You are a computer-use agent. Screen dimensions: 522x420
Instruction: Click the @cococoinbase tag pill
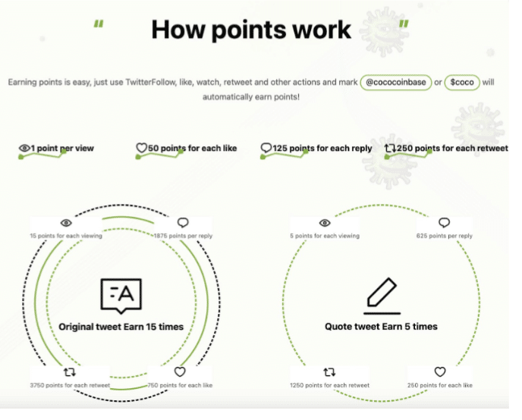coord(396,82)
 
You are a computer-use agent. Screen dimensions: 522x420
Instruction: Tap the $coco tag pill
coord(462,82)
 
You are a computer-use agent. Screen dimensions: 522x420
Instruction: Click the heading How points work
coord(251,30)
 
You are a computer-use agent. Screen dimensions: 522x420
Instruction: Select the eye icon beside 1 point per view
coord(24,148)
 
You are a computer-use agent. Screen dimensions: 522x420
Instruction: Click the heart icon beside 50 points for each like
coord(141,148)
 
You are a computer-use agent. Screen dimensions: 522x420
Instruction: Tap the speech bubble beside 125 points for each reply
coord(266,148)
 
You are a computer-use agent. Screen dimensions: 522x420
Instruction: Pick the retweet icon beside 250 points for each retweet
coord(390,148)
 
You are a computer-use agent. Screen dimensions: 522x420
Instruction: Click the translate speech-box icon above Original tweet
coord(121,296)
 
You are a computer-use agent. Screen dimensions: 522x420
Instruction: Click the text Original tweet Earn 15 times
coord(121,327)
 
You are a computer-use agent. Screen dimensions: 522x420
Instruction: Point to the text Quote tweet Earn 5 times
coord(381,327)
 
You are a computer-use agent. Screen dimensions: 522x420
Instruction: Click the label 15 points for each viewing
coord(66,236)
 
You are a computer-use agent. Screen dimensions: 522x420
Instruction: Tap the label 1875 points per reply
coord(183,236)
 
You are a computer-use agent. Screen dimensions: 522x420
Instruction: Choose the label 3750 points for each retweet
coord(70,385)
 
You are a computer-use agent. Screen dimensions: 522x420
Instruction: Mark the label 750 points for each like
coord(180,385)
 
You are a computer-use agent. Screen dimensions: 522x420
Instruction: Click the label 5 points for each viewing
coord(325,236)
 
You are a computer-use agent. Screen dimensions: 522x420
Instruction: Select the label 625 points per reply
coord(444,236)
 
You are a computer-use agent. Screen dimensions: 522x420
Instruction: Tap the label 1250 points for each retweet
coord(329,385)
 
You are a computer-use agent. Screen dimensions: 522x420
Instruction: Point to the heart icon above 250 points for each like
coord(440,371)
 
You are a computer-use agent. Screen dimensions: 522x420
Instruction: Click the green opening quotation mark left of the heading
coord(99,24)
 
